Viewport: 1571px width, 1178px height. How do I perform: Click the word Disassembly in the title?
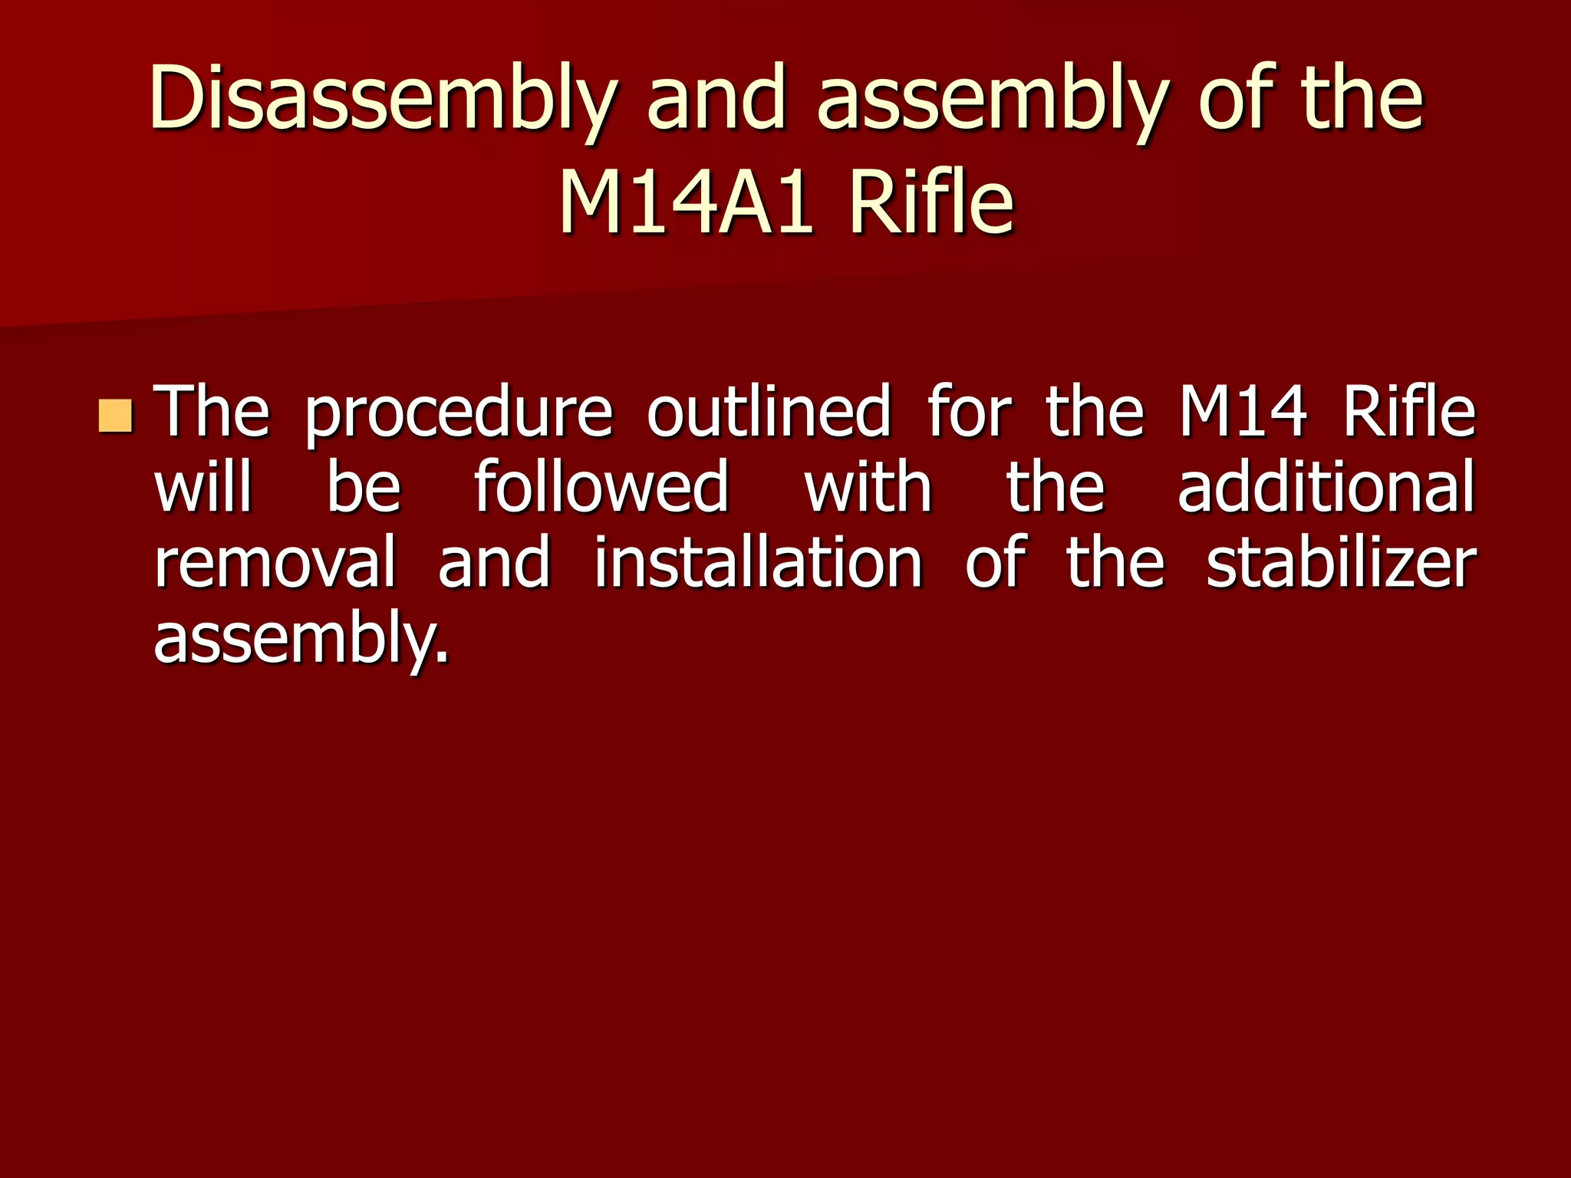click(x=382, y=100)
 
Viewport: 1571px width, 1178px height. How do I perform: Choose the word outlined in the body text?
click(x=769, y=412)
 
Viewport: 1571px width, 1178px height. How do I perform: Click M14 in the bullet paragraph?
click(x=1242, y=412)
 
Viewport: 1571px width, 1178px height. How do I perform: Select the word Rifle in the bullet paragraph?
click(x=1408, y=412)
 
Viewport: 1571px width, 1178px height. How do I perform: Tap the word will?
click(x=203, y=486)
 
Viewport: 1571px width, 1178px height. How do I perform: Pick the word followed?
click(x=601, y=486)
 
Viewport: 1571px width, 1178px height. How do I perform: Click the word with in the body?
click(x=868, y=486)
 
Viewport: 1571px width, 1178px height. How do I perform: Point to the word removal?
click(x=275, y=562)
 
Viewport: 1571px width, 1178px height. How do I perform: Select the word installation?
click(x=758, y=562)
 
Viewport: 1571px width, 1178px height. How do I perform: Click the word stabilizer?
click(x=1340, y=562)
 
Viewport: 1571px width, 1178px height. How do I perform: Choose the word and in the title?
click(x=716, y=100)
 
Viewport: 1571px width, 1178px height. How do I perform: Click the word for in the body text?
click(x=968, y=412)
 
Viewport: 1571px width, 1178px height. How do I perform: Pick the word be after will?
click(x=364, y=486)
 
